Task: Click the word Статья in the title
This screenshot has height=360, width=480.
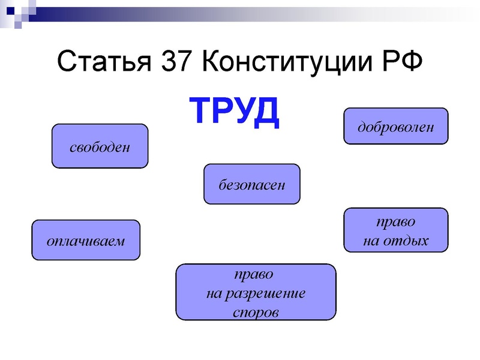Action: (x=104, y=62)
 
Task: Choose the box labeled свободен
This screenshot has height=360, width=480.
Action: (x=100, y=146)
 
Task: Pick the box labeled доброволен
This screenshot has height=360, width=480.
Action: (x=395, y=127)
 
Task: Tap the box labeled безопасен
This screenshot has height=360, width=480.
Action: (x=251, y=184)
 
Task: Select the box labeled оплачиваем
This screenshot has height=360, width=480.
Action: (x=85, y=241)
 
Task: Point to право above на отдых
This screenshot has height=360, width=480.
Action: (x=395, y=221)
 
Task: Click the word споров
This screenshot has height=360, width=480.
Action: (x=256, y=313)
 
